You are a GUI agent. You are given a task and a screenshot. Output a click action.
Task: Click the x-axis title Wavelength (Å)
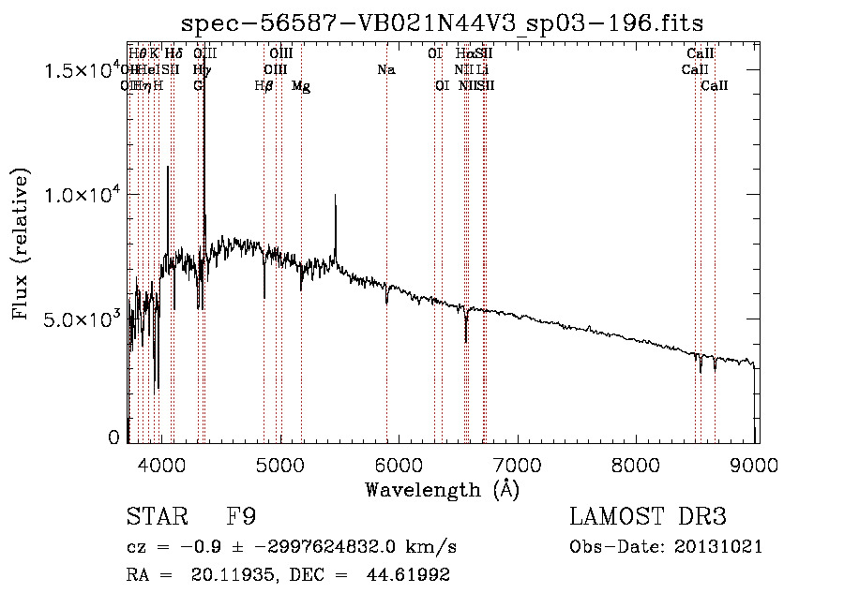point(443,489)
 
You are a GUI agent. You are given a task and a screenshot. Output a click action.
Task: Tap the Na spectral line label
point(385,69)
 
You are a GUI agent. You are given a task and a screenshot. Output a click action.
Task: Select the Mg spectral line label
point(301,86)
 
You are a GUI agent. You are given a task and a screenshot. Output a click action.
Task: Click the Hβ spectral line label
point(264,86)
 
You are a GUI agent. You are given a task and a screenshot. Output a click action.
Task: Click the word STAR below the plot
point(156,518)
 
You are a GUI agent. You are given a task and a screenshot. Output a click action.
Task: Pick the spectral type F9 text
point(241,518)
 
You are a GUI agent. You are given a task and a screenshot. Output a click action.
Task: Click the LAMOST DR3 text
point(647,518)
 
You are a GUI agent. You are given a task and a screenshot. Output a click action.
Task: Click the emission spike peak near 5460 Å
point(335,196)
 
